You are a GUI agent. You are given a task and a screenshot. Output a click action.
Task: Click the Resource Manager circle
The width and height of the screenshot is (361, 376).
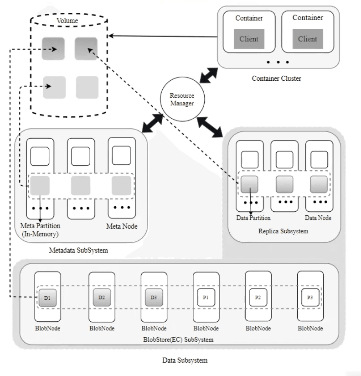[182, 99]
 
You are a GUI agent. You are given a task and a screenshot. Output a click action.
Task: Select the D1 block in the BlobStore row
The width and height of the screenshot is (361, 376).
[47, 297]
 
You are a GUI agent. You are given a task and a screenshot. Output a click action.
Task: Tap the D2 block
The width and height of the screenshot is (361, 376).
[101, 297]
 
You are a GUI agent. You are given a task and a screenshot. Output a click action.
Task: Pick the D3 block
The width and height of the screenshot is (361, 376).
[154, 297]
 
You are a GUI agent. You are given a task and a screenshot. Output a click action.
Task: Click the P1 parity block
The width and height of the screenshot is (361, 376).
[206, 297]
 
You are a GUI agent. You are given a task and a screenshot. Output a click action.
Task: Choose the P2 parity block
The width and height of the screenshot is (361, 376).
[258, 297]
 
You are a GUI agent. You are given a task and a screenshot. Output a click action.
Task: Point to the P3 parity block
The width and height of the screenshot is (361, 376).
[310, 297]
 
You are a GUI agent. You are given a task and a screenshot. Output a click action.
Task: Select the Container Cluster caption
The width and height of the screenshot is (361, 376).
[276, 78]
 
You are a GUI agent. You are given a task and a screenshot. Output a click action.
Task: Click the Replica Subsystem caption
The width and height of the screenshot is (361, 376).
[284, 231]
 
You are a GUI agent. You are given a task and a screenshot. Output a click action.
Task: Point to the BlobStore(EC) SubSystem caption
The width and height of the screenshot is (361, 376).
[180, 339]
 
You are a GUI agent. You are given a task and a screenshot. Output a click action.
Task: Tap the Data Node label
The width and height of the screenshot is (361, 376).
[318, 218]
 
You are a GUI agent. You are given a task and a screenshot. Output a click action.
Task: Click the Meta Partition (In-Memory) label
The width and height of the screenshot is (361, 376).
[40, 230]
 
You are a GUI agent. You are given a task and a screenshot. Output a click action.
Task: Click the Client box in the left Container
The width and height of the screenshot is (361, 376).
[248, 39]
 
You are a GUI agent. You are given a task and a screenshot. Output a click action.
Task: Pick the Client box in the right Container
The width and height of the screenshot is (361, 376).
[308, 39]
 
